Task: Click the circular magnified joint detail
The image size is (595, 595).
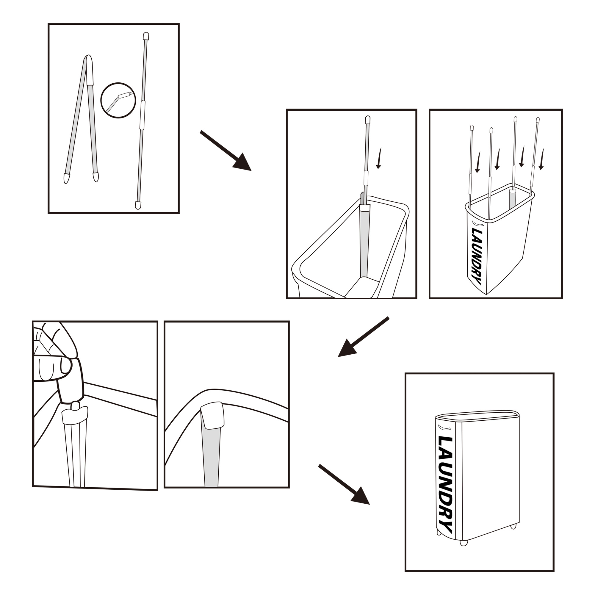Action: pos(118,100)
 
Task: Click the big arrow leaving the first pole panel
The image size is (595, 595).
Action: pos(226,151)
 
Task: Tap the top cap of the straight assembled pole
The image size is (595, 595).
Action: pos(146,36)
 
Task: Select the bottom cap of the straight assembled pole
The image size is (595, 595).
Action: pos(139,205)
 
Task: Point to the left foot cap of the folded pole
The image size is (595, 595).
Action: pos(66,178)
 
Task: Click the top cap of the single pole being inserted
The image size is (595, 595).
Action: pos(367,120)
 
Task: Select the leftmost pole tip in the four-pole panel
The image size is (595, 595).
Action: pos(472,128)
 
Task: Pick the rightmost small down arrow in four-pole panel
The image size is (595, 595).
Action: pos(541,159)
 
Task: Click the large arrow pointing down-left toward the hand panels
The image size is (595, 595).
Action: pos(364,337)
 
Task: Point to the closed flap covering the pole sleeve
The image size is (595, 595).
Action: pos(212,415)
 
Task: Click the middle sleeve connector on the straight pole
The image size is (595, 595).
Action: pos(142,115)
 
